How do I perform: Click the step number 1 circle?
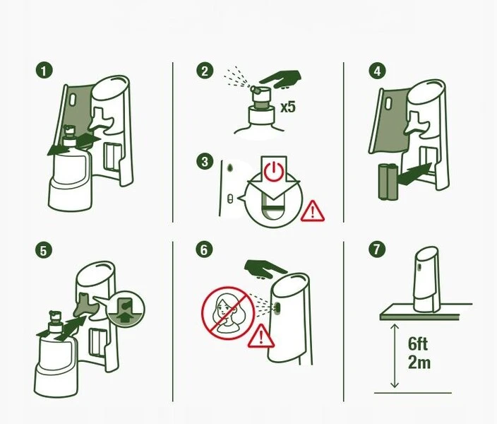click(x=44, y=71)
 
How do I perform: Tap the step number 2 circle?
click(x=205, y=71)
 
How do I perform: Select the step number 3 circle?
click(x=205, y=161)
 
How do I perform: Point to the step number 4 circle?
click(x=377, y=71)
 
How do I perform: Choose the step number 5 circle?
click(x=44, y=250)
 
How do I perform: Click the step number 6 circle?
click(x=204, y=249)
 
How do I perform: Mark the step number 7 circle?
click(x=377, y=249)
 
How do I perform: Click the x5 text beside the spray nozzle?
click(x=288, y=107)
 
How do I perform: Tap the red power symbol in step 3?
click(x=274, y=171)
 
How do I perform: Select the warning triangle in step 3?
click(x=313, y=211)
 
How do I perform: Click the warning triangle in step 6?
click(x=261, y=336)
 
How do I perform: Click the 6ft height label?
click(x=418, y=343)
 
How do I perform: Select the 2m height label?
click(x=419, y=362)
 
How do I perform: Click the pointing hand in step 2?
click(x=280, y=79)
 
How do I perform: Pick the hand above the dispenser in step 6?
click(x=266, y=269)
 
